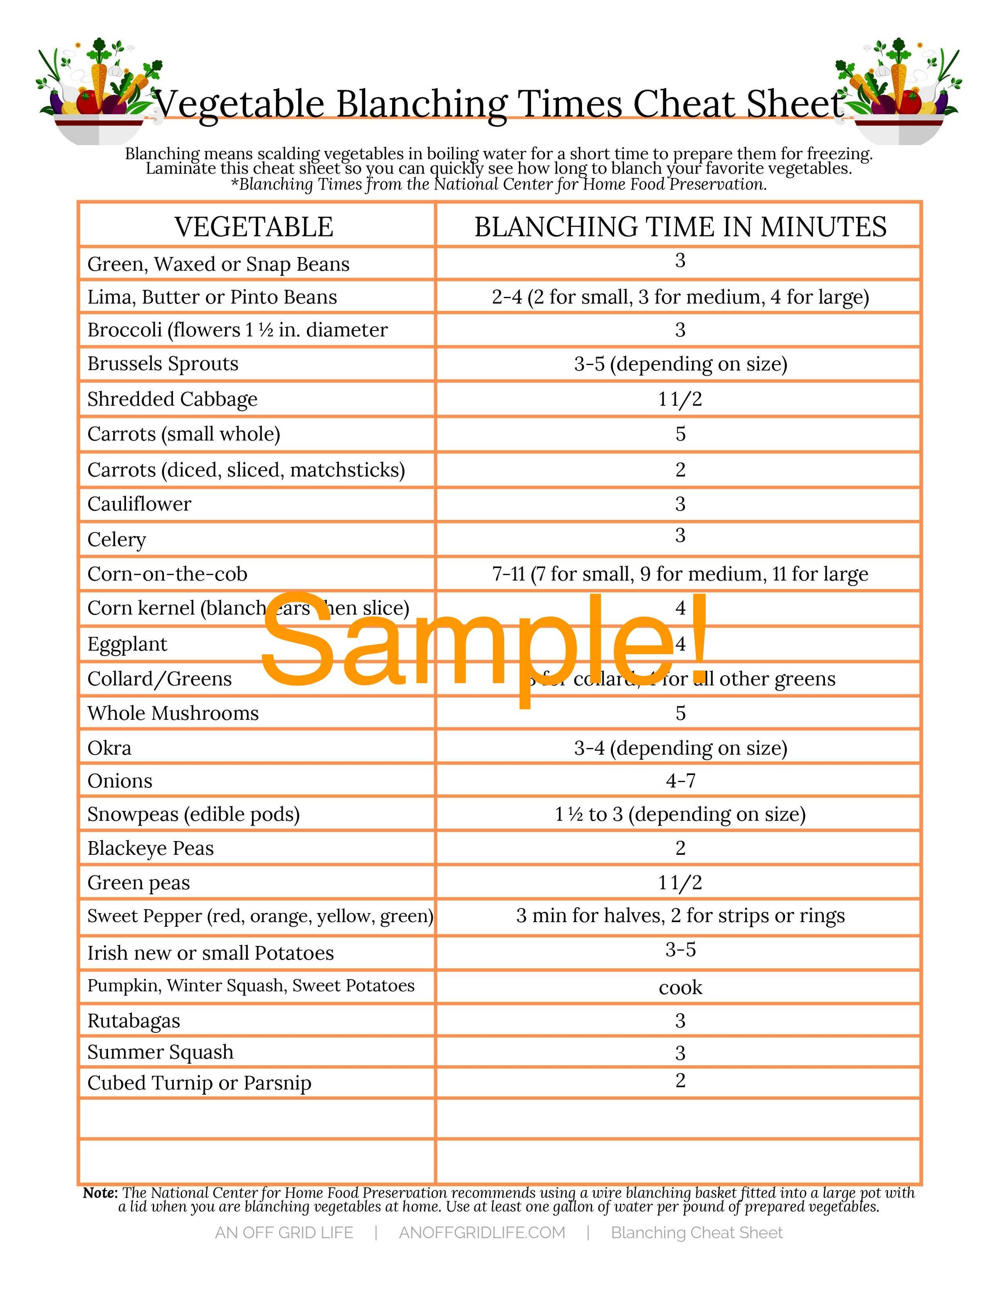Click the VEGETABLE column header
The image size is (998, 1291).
[x=254, y=227]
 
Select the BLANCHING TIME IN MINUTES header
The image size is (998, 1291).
[x=680, y=227]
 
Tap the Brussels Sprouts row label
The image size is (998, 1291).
[x=163, y=363]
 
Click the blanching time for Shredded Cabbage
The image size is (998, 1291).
[x=680, y=399]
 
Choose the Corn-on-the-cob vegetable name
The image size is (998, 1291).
[x=167, y=574]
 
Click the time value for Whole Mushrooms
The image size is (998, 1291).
[x=680, y=713]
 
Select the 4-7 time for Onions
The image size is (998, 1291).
[x=680, y=781]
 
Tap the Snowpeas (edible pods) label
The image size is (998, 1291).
[x=193, y=815]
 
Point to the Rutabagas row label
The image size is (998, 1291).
[x=133, y=1021]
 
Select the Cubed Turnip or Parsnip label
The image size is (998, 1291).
[x=199, y=1083]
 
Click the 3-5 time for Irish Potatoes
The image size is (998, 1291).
[x=680, y=950]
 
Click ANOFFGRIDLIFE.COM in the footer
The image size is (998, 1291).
[x=482, y=1232]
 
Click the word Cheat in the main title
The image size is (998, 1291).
[x=676, y=105]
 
